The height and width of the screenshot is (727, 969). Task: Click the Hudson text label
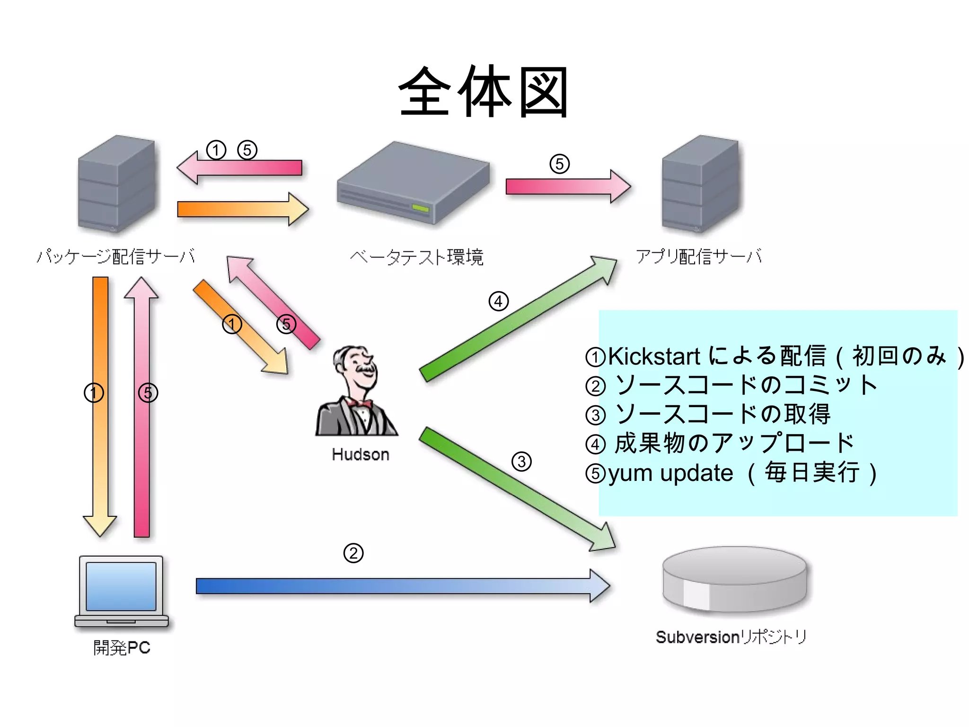pyautogui.click(x=361, y=454)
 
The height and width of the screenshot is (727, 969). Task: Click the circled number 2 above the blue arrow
pyautogui.click(x=353, y=553)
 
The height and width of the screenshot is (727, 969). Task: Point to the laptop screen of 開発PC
pyautogui.click(x=121, y=586)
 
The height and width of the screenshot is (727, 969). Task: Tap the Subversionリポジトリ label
pyautogui.click(x=731, y=637)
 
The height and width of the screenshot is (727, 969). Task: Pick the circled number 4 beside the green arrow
pyautogui.click(x=498, y=301)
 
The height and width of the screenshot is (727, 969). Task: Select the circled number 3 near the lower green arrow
pyautogui.click(x=521, y=461)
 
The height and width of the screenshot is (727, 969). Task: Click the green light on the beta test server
pyautogui.click(x=420, y=209)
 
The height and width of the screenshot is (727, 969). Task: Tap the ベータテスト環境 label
pyautogui.click(x=416, y=257)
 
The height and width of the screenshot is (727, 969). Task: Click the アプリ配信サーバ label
pyautogui.click(x=698, y=256)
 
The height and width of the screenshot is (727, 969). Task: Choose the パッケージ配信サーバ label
pyautogui.click(x=116, y=256)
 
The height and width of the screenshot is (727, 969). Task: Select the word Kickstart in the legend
pyautogui.click(x=654, y=356)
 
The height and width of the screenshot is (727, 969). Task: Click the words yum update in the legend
pyautogui.click(x=670, y=473)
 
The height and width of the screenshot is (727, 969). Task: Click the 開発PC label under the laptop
pyautogui.click(x=122, y=647)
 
